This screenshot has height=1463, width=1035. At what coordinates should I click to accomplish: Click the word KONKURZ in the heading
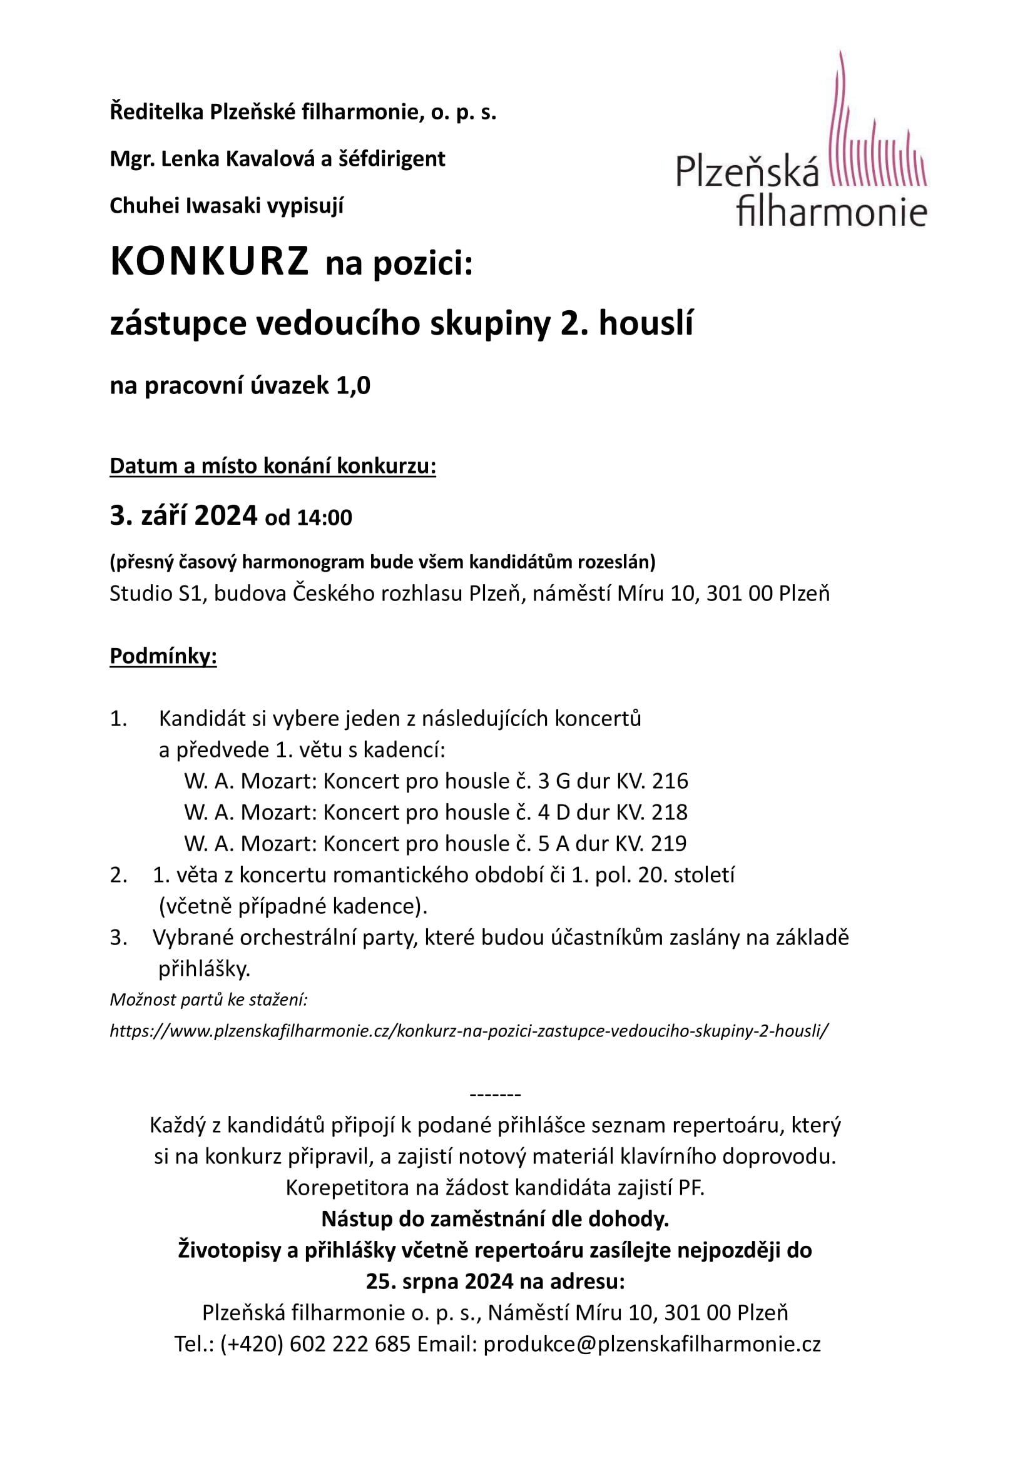point(209,262)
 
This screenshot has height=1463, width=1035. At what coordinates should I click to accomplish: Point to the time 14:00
point(324,517)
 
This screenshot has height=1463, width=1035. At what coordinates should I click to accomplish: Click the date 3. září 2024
point(183,515)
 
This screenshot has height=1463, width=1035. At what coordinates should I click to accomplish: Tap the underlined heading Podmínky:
point(163,656)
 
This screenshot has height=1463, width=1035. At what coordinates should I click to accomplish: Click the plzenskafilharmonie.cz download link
point(469,1031)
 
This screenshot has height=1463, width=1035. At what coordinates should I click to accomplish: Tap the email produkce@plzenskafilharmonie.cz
point(652,1344)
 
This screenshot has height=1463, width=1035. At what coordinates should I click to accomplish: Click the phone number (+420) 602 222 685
point(315,1344)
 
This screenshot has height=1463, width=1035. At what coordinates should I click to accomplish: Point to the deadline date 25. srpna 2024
point(440,1282)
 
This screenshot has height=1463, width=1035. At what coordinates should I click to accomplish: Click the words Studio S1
point(156,593)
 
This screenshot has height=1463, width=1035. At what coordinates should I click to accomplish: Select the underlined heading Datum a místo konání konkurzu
point(273,466)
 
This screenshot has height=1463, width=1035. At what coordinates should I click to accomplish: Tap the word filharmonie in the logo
point(832,212)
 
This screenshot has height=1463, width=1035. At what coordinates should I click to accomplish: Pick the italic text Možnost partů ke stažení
point(208,1000)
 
